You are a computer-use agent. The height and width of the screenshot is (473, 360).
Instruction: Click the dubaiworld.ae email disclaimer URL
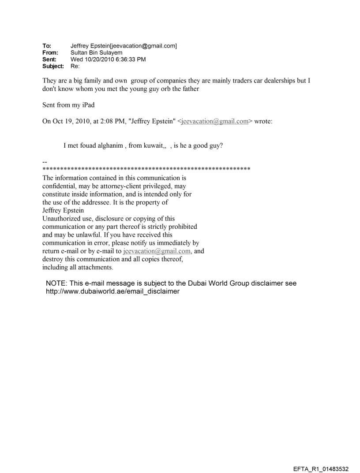coord(112,291)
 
